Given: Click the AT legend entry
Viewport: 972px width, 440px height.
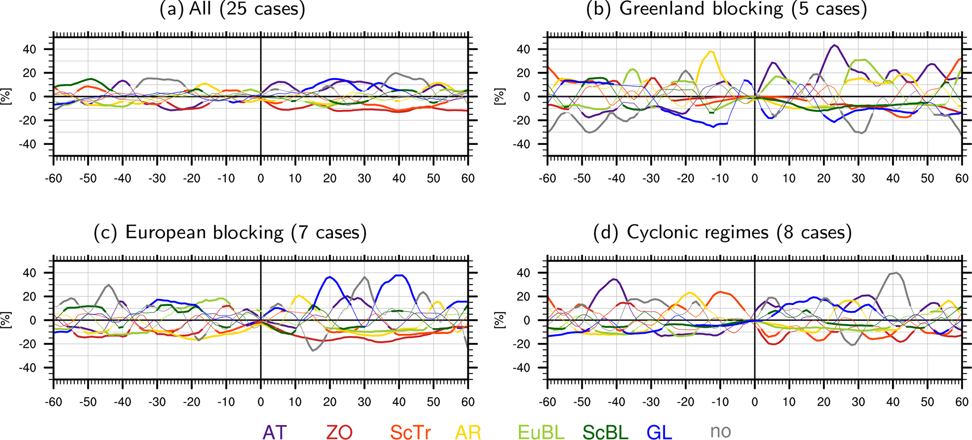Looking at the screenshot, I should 274,432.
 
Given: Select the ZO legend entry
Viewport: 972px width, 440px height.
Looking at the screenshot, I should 339,432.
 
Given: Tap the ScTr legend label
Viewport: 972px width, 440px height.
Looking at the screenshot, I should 410,432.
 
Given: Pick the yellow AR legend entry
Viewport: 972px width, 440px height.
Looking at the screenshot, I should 468,432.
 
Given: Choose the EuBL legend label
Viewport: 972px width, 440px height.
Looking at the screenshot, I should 541,432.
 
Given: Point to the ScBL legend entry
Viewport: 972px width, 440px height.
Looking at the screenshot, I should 605,432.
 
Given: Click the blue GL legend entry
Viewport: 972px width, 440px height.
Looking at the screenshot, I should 659,432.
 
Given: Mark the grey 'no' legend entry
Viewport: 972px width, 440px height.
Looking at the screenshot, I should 720,431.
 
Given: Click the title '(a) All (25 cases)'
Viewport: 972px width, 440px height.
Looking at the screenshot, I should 232,9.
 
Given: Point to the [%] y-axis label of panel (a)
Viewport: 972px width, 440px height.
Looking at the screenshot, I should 6,96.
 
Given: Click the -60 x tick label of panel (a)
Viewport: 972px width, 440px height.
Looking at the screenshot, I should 54,178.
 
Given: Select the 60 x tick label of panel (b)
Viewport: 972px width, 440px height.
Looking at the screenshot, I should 962,178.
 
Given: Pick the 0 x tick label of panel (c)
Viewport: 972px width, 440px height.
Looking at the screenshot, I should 261,402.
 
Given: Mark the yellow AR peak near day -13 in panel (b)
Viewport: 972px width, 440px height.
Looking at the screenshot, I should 710,51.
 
